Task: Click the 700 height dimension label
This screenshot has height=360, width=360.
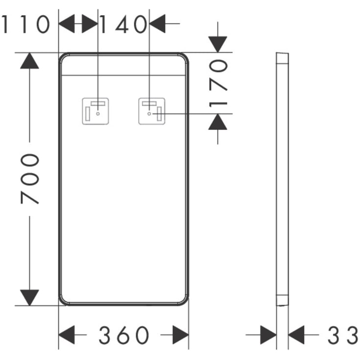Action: (x=30, y=179)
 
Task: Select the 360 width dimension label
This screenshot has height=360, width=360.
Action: (x=124, y=335)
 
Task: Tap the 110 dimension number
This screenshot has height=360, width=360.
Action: (x=25, y=24)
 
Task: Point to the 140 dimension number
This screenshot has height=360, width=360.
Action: (x=124, y=24)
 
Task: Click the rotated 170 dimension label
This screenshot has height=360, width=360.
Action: (x=218, y=83)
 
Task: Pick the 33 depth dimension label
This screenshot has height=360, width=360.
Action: (x=342, y=335)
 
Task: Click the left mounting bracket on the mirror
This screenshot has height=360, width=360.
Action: (x=96, y=111)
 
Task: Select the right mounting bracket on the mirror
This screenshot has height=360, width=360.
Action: (x=152, y=111)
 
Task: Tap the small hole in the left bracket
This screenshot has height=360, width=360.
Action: (x=98, y=114)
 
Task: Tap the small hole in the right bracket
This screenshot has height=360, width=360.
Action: (x=149, y=114)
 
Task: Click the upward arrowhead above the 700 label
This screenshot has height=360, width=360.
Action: (x=29, y=61)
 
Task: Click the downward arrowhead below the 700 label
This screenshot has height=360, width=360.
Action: (x=29, y=298)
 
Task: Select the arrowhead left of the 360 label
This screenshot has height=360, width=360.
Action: (x=67, y=335)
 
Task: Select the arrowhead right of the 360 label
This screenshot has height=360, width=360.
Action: (x=181, y=335)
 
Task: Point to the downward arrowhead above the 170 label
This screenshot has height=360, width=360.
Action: (x=217, y=44)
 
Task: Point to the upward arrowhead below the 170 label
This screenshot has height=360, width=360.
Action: (x=217, y=121)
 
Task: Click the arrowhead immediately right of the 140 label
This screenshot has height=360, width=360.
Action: (x=157, y=24)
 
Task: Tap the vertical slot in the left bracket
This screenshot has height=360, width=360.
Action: (x=88, y=114)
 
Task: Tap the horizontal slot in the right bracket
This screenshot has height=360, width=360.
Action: (x=149, y=103)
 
